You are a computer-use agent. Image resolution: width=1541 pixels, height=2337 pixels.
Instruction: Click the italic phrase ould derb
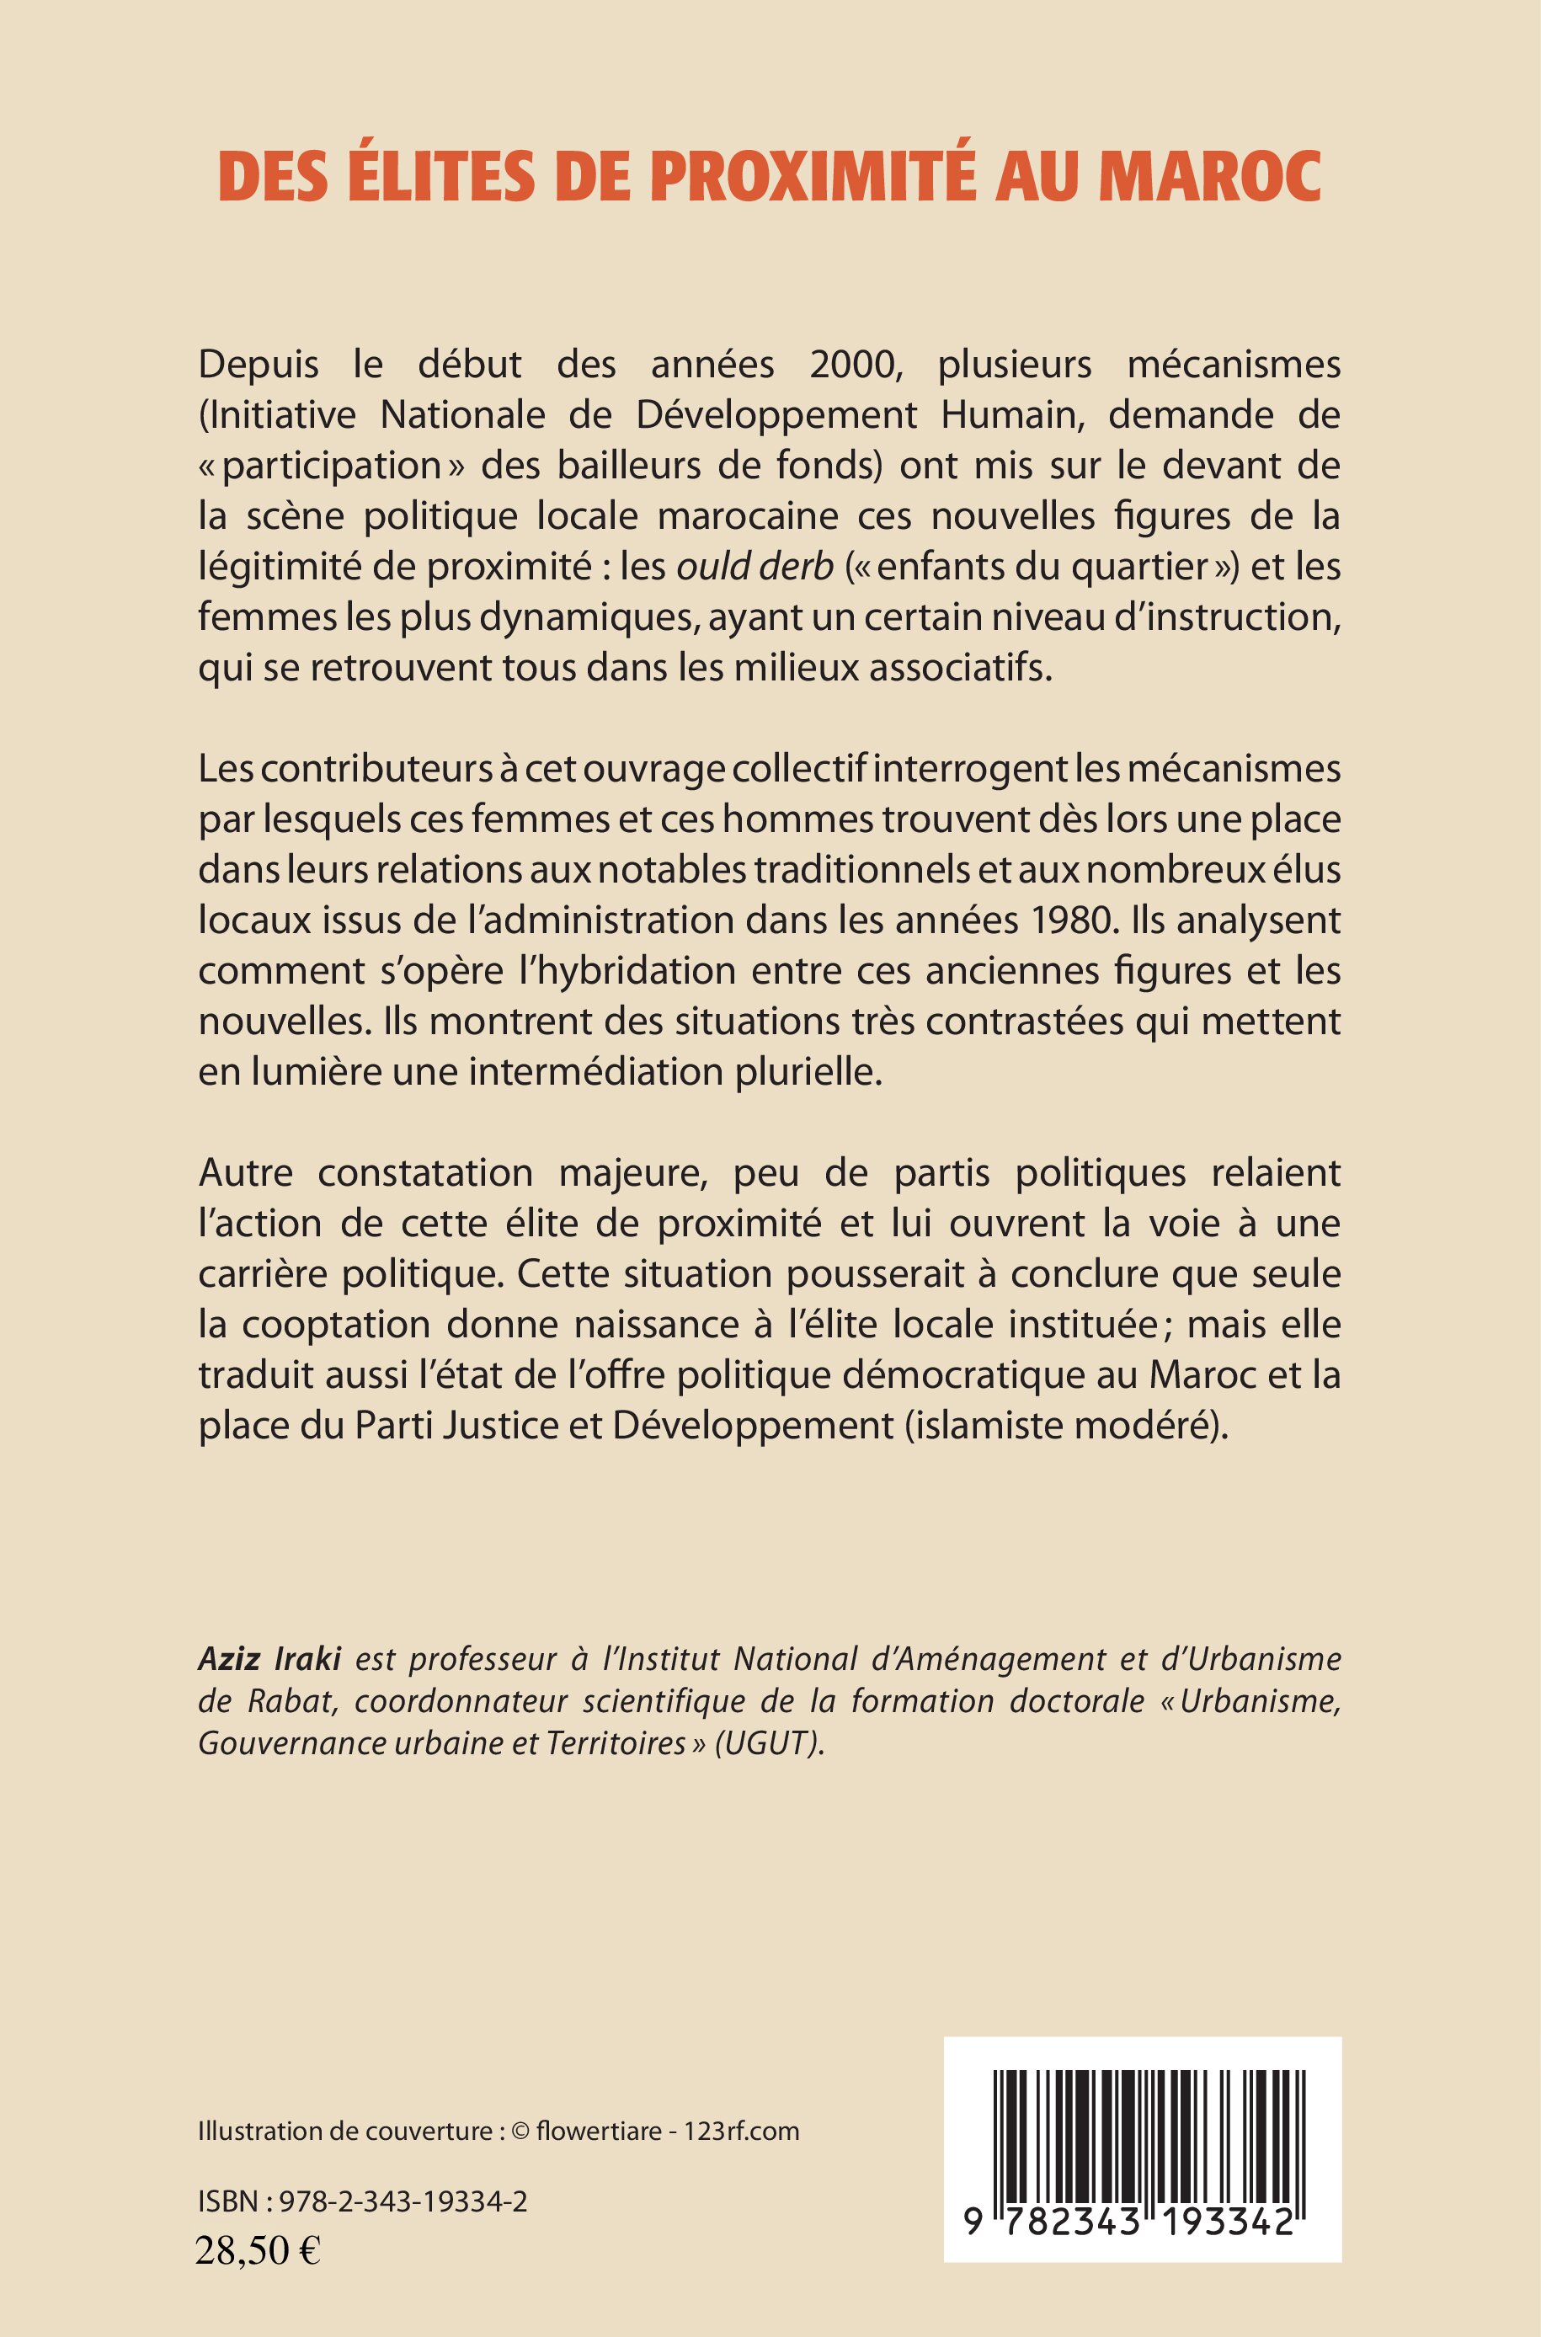click(x=755, y=566)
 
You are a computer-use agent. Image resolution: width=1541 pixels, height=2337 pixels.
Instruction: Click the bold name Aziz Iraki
click(x=269, y=1659)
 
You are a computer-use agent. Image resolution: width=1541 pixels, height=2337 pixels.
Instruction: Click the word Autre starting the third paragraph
click(x=246, y=1172)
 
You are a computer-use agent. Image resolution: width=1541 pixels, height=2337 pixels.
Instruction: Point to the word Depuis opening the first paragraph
click(x=259, y=365)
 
